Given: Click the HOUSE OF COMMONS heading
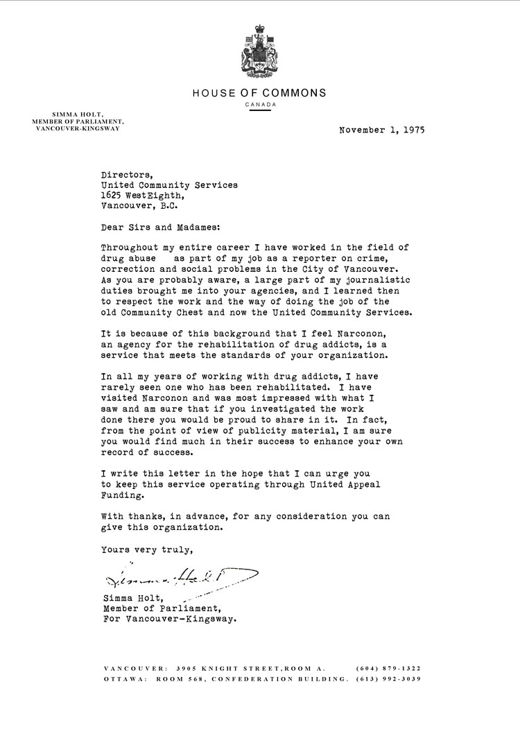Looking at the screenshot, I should [259, 93].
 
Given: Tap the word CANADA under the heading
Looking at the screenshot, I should [259, 105].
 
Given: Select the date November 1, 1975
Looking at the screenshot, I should [381, 129].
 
